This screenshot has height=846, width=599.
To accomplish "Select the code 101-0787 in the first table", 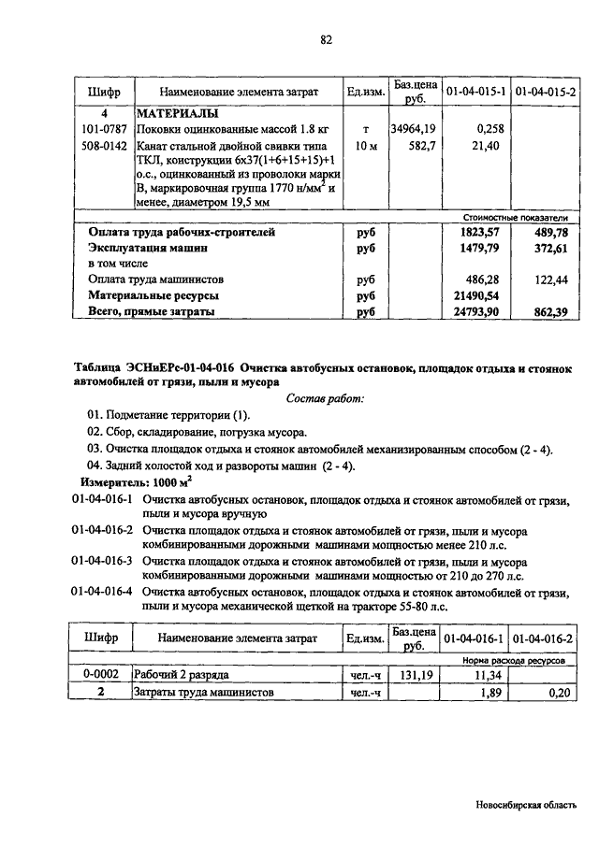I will [x=102, y=129].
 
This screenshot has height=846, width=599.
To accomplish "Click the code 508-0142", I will [x=102, y=146].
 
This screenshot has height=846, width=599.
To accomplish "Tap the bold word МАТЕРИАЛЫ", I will [x=178, y=113].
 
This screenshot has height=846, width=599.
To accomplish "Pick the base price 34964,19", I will [x=413, y=129].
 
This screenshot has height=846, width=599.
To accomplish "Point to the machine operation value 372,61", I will [x=550, y=249].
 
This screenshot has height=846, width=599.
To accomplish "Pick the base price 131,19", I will [x=412, y=675].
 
